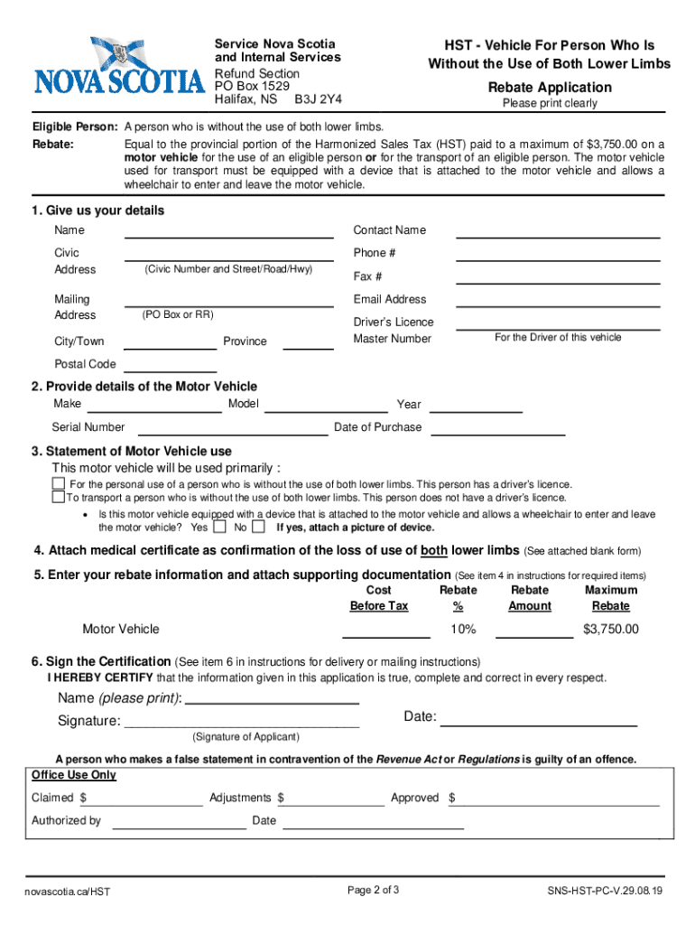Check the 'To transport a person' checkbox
tap(59, 497)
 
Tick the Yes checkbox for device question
tap(219, 528)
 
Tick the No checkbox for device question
tap(258, 528)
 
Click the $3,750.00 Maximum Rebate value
tap(611, 629)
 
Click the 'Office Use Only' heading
tap(74, 775)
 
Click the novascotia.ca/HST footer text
tap(68, 892)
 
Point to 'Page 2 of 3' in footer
tap(374, 891)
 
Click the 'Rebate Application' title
tap(550, 88)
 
